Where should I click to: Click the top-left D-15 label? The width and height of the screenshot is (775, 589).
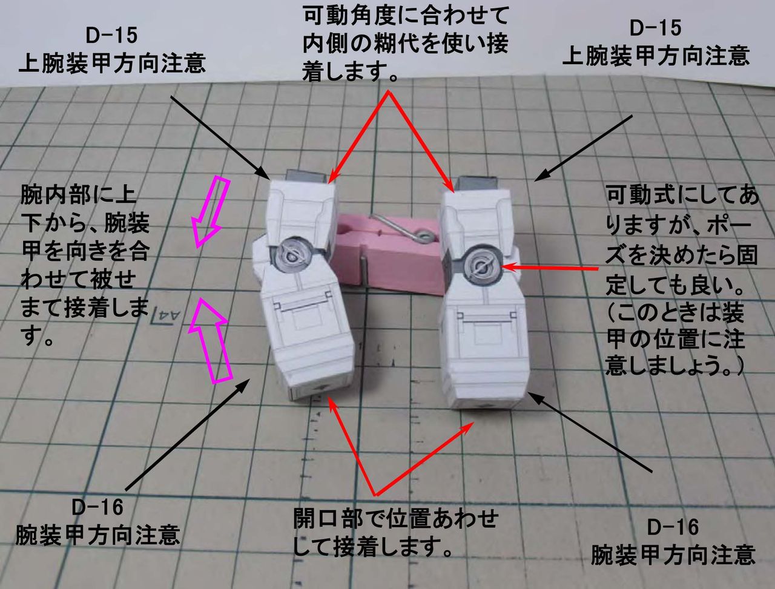point(111,36)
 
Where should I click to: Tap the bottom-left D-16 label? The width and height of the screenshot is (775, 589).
point(97,507)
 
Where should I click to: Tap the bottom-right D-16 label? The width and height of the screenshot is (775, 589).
point(673,527)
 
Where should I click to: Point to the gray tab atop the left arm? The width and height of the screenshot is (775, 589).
point(301,176)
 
